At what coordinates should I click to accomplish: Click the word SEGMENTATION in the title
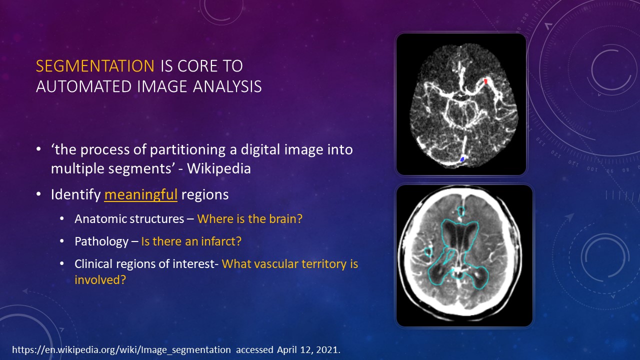95,66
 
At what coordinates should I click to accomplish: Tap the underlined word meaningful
141,195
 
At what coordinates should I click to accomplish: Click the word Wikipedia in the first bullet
219,168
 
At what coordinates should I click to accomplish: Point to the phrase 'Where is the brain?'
249,219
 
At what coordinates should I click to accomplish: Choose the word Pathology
101,241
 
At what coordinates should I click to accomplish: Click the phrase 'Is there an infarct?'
191,241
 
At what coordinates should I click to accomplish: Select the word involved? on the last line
100,279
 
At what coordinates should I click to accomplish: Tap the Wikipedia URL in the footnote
121,350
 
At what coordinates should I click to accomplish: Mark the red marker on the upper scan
485,81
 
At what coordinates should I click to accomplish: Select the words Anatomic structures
129,219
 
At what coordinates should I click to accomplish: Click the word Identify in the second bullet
75,195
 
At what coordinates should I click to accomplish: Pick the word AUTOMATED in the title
84,86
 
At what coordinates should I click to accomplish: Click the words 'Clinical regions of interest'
145,264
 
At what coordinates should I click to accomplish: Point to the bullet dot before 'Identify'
39,194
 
